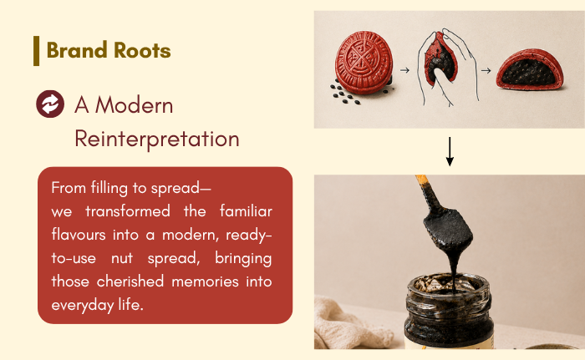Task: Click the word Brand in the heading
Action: click(77, 50)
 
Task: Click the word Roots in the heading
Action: click(142, 50)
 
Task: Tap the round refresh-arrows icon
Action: click(50, 104)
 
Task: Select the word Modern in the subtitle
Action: click(134, 105)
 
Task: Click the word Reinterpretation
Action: click(157, 139)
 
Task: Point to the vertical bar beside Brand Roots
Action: click(36, 51)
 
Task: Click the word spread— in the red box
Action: click(181, 189)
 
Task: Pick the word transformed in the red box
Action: click(128, 211)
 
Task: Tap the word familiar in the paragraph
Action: click(246, 211)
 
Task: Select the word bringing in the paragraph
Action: click(243, 259)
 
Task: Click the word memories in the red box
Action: click(205, 281)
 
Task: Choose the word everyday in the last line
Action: click(83, 306)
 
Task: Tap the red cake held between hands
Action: click(441, 58)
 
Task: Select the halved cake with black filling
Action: click(530, 70)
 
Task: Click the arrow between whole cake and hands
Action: click(404, 70)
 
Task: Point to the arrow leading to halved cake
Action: click(486, 70)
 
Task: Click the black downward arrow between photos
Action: click(450, 151)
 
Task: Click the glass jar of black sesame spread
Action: click(449, 312)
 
